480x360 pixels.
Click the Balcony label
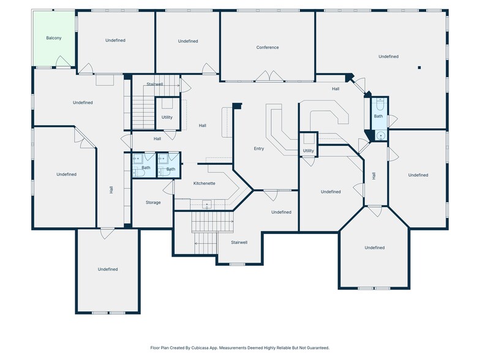[x=54, y=38]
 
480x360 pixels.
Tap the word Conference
[x=268, y=47]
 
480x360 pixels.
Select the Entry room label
[x=259, y=148]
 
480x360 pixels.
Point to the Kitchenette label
[x=204, y=184]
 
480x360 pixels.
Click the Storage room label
[x=153, y=202]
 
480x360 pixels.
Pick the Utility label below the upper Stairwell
[x=167, y=117]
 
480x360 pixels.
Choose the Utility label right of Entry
[x=309, y=151]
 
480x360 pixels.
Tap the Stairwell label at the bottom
[x=239, y=242]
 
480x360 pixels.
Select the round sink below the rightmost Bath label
[x=380, y=137]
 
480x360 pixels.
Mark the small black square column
[x=419, y=67]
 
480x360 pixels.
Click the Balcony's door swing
[x=62, y=61]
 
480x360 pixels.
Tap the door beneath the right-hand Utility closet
[x=309, y=162]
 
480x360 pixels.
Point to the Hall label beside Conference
[x=336, y=89]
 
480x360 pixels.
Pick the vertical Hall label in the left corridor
[x=111, y=190]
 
